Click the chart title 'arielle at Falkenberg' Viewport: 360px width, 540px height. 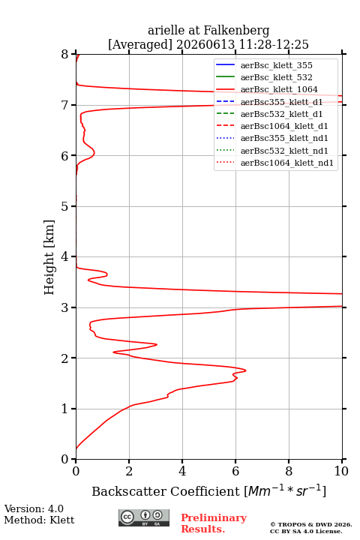208,31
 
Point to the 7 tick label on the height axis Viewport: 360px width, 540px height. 64,105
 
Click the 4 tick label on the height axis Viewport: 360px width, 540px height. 64,256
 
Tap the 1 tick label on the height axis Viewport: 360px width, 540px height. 64,409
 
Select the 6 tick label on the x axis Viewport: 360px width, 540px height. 235,471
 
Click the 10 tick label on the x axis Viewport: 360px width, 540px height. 341,471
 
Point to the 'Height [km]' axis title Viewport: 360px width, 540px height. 49,257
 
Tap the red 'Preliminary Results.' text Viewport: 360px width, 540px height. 214,523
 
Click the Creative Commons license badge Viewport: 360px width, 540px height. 144,518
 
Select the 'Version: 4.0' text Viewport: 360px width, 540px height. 34,509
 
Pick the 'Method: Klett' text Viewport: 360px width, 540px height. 39,520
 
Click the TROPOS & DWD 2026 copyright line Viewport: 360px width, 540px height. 311,525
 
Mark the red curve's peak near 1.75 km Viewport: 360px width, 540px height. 246,370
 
